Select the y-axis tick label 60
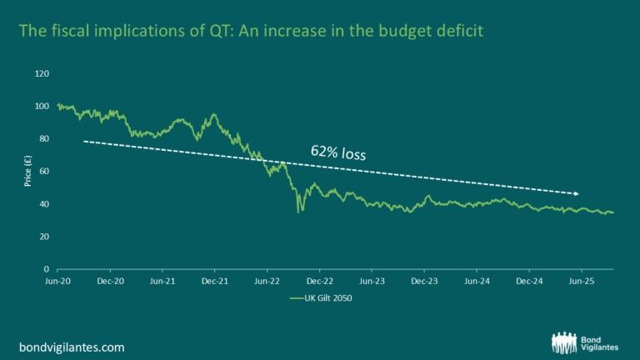click(45, 172)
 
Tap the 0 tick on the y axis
click(47, 269)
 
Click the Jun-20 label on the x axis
click(57, 282)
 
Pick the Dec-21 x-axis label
click(214, 282)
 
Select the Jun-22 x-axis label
click(267, 282)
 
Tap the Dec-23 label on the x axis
click(424, 282)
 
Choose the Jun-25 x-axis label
click(581, 282)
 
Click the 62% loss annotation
click(338, 152)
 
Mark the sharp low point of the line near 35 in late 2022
click(298, 212)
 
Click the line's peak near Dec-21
click(215, 115)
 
